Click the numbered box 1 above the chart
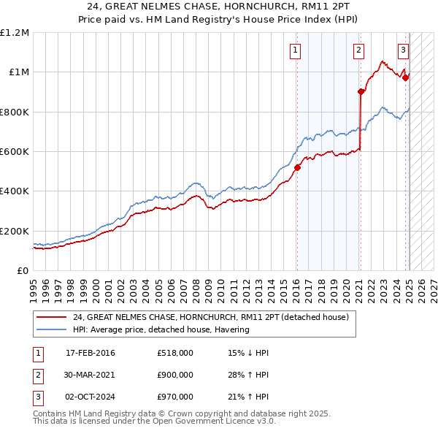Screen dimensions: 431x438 296,50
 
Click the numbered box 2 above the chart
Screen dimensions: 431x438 359,50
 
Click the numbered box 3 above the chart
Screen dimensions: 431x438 403,50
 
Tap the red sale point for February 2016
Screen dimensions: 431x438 297,167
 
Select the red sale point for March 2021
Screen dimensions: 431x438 361,91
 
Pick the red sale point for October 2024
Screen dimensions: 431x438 407,77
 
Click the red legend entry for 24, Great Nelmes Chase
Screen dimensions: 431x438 211,317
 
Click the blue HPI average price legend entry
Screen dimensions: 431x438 161,329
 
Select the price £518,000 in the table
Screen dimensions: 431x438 174,353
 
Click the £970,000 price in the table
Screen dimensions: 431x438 174,397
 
